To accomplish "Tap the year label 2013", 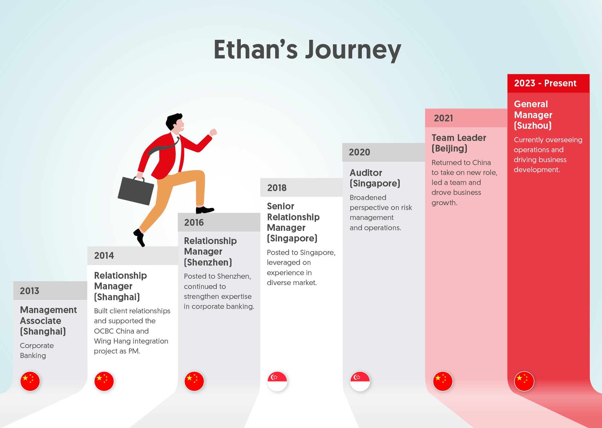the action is coord(30,291).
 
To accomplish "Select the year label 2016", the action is coord(194,223).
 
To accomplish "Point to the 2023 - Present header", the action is coord(545,83).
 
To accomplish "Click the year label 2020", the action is coord(359,152).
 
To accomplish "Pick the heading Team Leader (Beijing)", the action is coord(459,143).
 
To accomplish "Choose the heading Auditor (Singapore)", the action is coord(375,178).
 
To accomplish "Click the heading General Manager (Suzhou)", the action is coord(533,115).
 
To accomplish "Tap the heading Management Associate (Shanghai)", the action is coord(48,320).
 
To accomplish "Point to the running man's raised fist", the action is coord(213,132).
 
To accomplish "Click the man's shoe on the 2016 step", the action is coord(205,210).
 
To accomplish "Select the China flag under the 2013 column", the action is coord(30,381).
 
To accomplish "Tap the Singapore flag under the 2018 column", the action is coord(277,381).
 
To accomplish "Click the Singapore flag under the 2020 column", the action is coord(360,381).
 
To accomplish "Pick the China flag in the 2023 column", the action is coord(524,381).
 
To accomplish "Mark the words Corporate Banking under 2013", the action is coord(37,350).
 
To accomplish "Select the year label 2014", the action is coord(104,256).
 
